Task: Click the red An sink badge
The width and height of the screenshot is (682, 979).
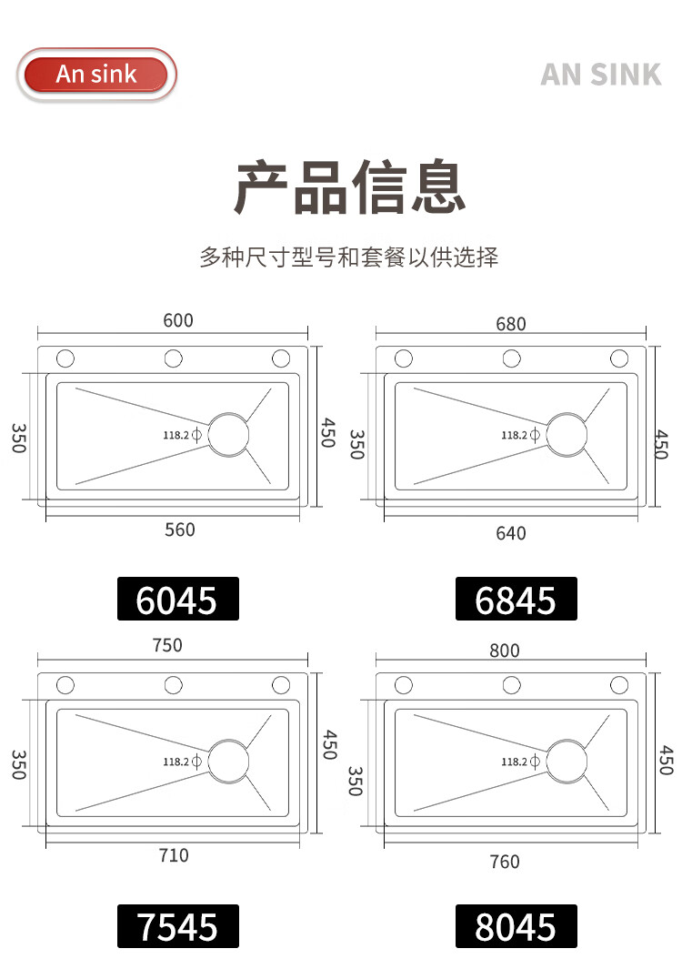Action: coord(96,75)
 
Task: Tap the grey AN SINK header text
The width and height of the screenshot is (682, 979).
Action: coord(600,75)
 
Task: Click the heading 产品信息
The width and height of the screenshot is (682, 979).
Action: coord(349,186)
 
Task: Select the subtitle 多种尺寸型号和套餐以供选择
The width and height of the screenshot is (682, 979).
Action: coord(349,257)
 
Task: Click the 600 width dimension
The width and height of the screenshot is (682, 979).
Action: coord(178,320)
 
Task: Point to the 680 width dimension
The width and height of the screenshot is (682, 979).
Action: coord(511,324)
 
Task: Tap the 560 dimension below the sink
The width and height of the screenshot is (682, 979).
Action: coord(180,530)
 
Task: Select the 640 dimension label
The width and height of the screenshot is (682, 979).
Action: coord(511,533)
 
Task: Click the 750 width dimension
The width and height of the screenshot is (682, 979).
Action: coord(167,645)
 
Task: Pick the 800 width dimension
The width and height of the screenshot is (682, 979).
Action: coord(504,651)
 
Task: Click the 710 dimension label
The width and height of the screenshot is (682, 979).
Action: coord(174,854)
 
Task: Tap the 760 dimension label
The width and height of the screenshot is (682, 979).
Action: coord(504,862)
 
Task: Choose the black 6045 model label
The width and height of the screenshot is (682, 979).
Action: coord(178,599)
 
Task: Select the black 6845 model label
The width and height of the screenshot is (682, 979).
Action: coord(516,599)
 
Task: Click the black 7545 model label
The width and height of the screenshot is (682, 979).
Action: coord(178,926)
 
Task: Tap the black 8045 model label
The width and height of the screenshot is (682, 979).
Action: coord(516,926)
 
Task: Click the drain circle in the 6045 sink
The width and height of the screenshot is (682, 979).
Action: coord(228,414)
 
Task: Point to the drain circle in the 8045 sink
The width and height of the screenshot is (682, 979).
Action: coord(567,741)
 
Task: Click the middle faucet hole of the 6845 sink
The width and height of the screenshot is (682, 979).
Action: coord(512,351)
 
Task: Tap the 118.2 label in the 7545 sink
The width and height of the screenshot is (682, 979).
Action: coord(176,762)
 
